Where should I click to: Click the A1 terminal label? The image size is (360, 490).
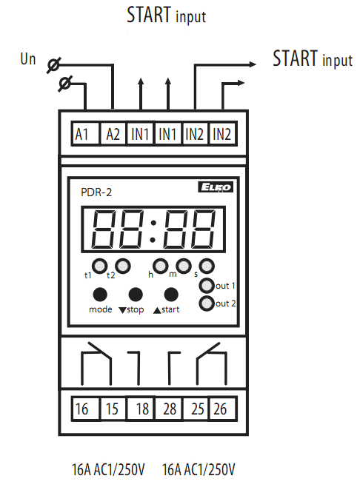coord(81,135)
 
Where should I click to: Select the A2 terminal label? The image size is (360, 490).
coord(113,135)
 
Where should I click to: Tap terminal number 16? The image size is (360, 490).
coord(82,409)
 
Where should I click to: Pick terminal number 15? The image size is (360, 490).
coord(112,409)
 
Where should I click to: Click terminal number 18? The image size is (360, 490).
coord(142,409)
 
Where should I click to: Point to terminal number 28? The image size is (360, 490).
coord(170,409)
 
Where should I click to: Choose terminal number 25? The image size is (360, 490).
coord(198,409)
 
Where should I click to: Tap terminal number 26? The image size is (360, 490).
coord(220,409)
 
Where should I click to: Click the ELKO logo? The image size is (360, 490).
coord(216,187)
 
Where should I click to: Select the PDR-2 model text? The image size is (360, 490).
coord(96,192)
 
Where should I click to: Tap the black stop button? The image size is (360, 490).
coord(136,295)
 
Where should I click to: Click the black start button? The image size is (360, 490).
coord(171,295)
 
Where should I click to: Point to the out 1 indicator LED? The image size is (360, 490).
coord(207,285)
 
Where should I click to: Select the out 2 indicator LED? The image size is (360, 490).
coord(207,303)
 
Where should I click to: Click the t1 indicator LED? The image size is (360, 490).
coord(100,266)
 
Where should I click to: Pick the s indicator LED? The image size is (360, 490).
coord(207,266)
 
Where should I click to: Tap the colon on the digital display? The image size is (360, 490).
coord(153,231)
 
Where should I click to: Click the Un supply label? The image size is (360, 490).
coord(28,59)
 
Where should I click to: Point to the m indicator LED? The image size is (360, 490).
coord(184,266)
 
